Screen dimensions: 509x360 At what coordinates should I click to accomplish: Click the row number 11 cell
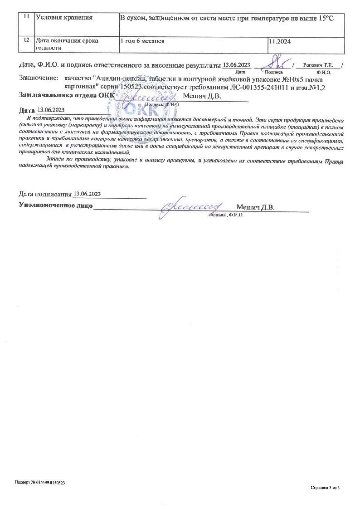coord(27,18)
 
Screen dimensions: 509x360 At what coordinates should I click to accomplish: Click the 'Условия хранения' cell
coord(64,18)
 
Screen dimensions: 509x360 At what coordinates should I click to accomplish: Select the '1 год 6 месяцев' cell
coord(142,41)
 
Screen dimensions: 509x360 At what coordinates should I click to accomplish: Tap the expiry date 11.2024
coord(280,41)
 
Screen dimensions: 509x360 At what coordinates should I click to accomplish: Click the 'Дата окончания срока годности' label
coord(67,44)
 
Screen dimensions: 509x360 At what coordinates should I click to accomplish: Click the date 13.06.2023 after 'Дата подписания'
coord(87,194)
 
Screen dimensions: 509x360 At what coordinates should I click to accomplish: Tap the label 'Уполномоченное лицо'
coord(56,206)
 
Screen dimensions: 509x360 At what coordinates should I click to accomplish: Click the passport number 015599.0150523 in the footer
coord(49,483)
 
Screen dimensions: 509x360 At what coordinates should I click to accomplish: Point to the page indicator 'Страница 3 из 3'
coord(325,488)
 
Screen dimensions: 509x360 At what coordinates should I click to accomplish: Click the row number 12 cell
coord(27,40)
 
